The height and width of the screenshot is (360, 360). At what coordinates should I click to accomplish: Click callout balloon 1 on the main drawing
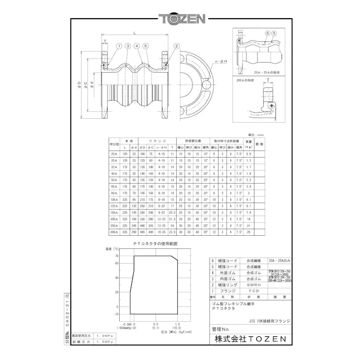(119, 46)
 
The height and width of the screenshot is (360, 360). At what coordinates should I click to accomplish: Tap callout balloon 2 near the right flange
(176, 46)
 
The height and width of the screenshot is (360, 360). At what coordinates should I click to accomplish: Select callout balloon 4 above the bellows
(137, 46)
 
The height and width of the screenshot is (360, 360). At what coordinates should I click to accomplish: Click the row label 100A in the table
(114, 199)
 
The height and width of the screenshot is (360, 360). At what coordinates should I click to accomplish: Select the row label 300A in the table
(114, 232)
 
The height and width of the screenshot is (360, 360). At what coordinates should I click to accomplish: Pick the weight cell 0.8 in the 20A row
(248, 153)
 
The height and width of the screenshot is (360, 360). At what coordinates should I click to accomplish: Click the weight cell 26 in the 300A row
(248, 232)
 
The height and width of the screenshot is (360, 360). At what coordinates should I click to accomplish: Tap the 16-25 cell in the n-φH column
(161, 232)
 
